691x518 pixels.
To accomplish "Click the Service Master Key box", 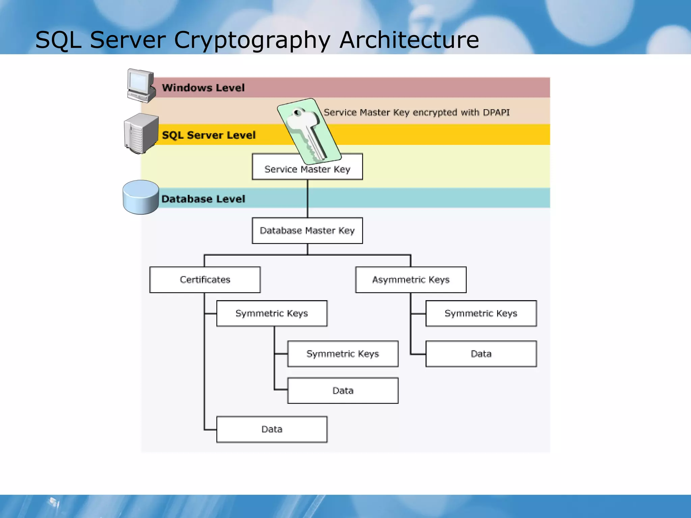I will click(x=307, y=169).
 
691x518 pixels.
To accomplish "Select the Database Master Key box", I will click(x=307, y=231).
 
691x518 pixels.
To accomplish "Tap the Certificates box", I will click(x=205, y=280).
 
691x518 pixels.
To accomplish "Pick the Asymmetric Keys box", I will click(x=411, y=280).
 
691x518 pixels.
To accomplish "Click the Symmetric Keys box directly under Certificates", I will click(x=272, y=313).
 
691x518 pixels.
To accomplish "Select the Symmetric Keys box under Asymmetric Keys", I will click(x=481, y=313).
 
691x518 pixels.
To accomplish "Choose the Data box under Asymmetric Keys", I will click(x=481, y=354).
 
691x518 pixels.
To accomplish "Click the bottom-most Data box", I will click(x=272, y=429).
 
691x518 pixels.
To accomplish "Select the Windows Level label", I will click(x=203, y=88).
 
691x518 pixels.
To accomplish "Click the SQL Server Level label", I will click(x=209, y=135).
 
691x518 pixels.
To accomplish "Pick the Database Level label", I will click(x=203, y=199).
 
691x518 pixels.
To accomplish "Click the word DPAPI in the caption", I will click(x=496, y=112).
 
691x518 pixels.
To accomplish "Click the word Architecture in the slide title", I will click(x=409, y=40).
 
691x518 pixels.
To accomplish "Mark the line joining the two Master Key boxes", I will click(x=307, y=199).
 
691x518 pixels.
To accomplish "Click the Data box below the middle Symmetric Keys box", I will click(x=343, y=391).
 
